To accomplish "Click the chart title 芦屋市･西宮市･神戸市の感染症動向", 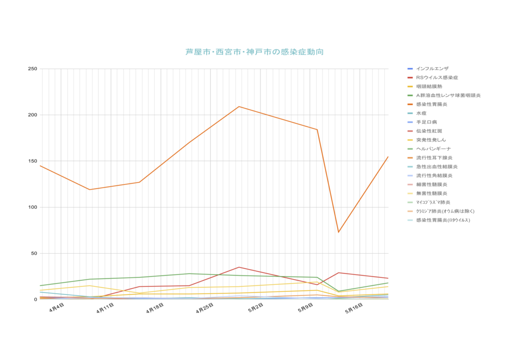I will (254, 52).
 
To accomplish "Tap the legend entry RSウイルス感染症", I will (437, 78).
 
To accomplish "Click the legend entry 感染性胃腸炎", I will (431, 104).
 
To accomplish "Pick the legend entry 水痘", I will (422, 113).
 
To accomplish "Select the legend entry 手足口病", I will (426, 122).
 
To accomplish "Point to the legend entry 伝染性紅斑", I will (429, 131).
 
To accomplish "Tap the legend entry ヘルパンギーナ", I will (433, 149).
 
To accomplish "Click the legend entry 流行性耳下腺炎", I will (434, 158).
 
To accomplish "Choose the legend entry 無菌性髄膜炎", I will (431, 193).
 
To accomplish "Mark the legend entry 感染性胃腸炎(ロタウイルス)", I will (442, 220).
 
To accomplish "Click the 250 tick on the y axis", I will (32, 69).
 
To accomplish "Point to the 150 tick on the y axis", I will (32, 161).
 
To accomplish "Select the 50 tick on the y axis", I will (34, 254).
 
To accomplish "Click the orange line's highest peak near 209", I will (239, 106).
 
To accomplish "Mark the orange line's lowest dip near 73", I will (339, 232).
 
